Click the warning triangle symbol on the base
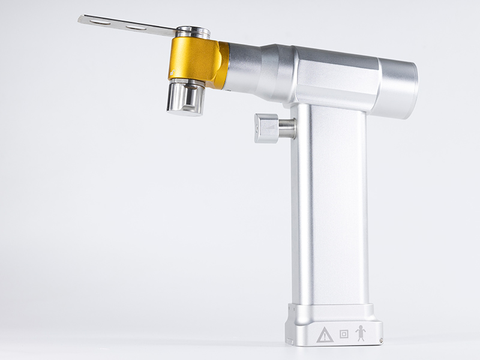[x=325, y=335]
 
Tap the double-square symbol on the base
[x=344, y=334]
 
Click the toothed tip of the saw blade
[x=82, y=19]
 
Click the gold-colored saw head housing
[x=193, y=59]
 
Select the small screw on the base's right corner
[x=379, y=342]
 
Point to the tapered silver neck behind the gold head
[x=255, y=65]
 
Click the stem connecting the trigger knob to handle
[x=287, y=128]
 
